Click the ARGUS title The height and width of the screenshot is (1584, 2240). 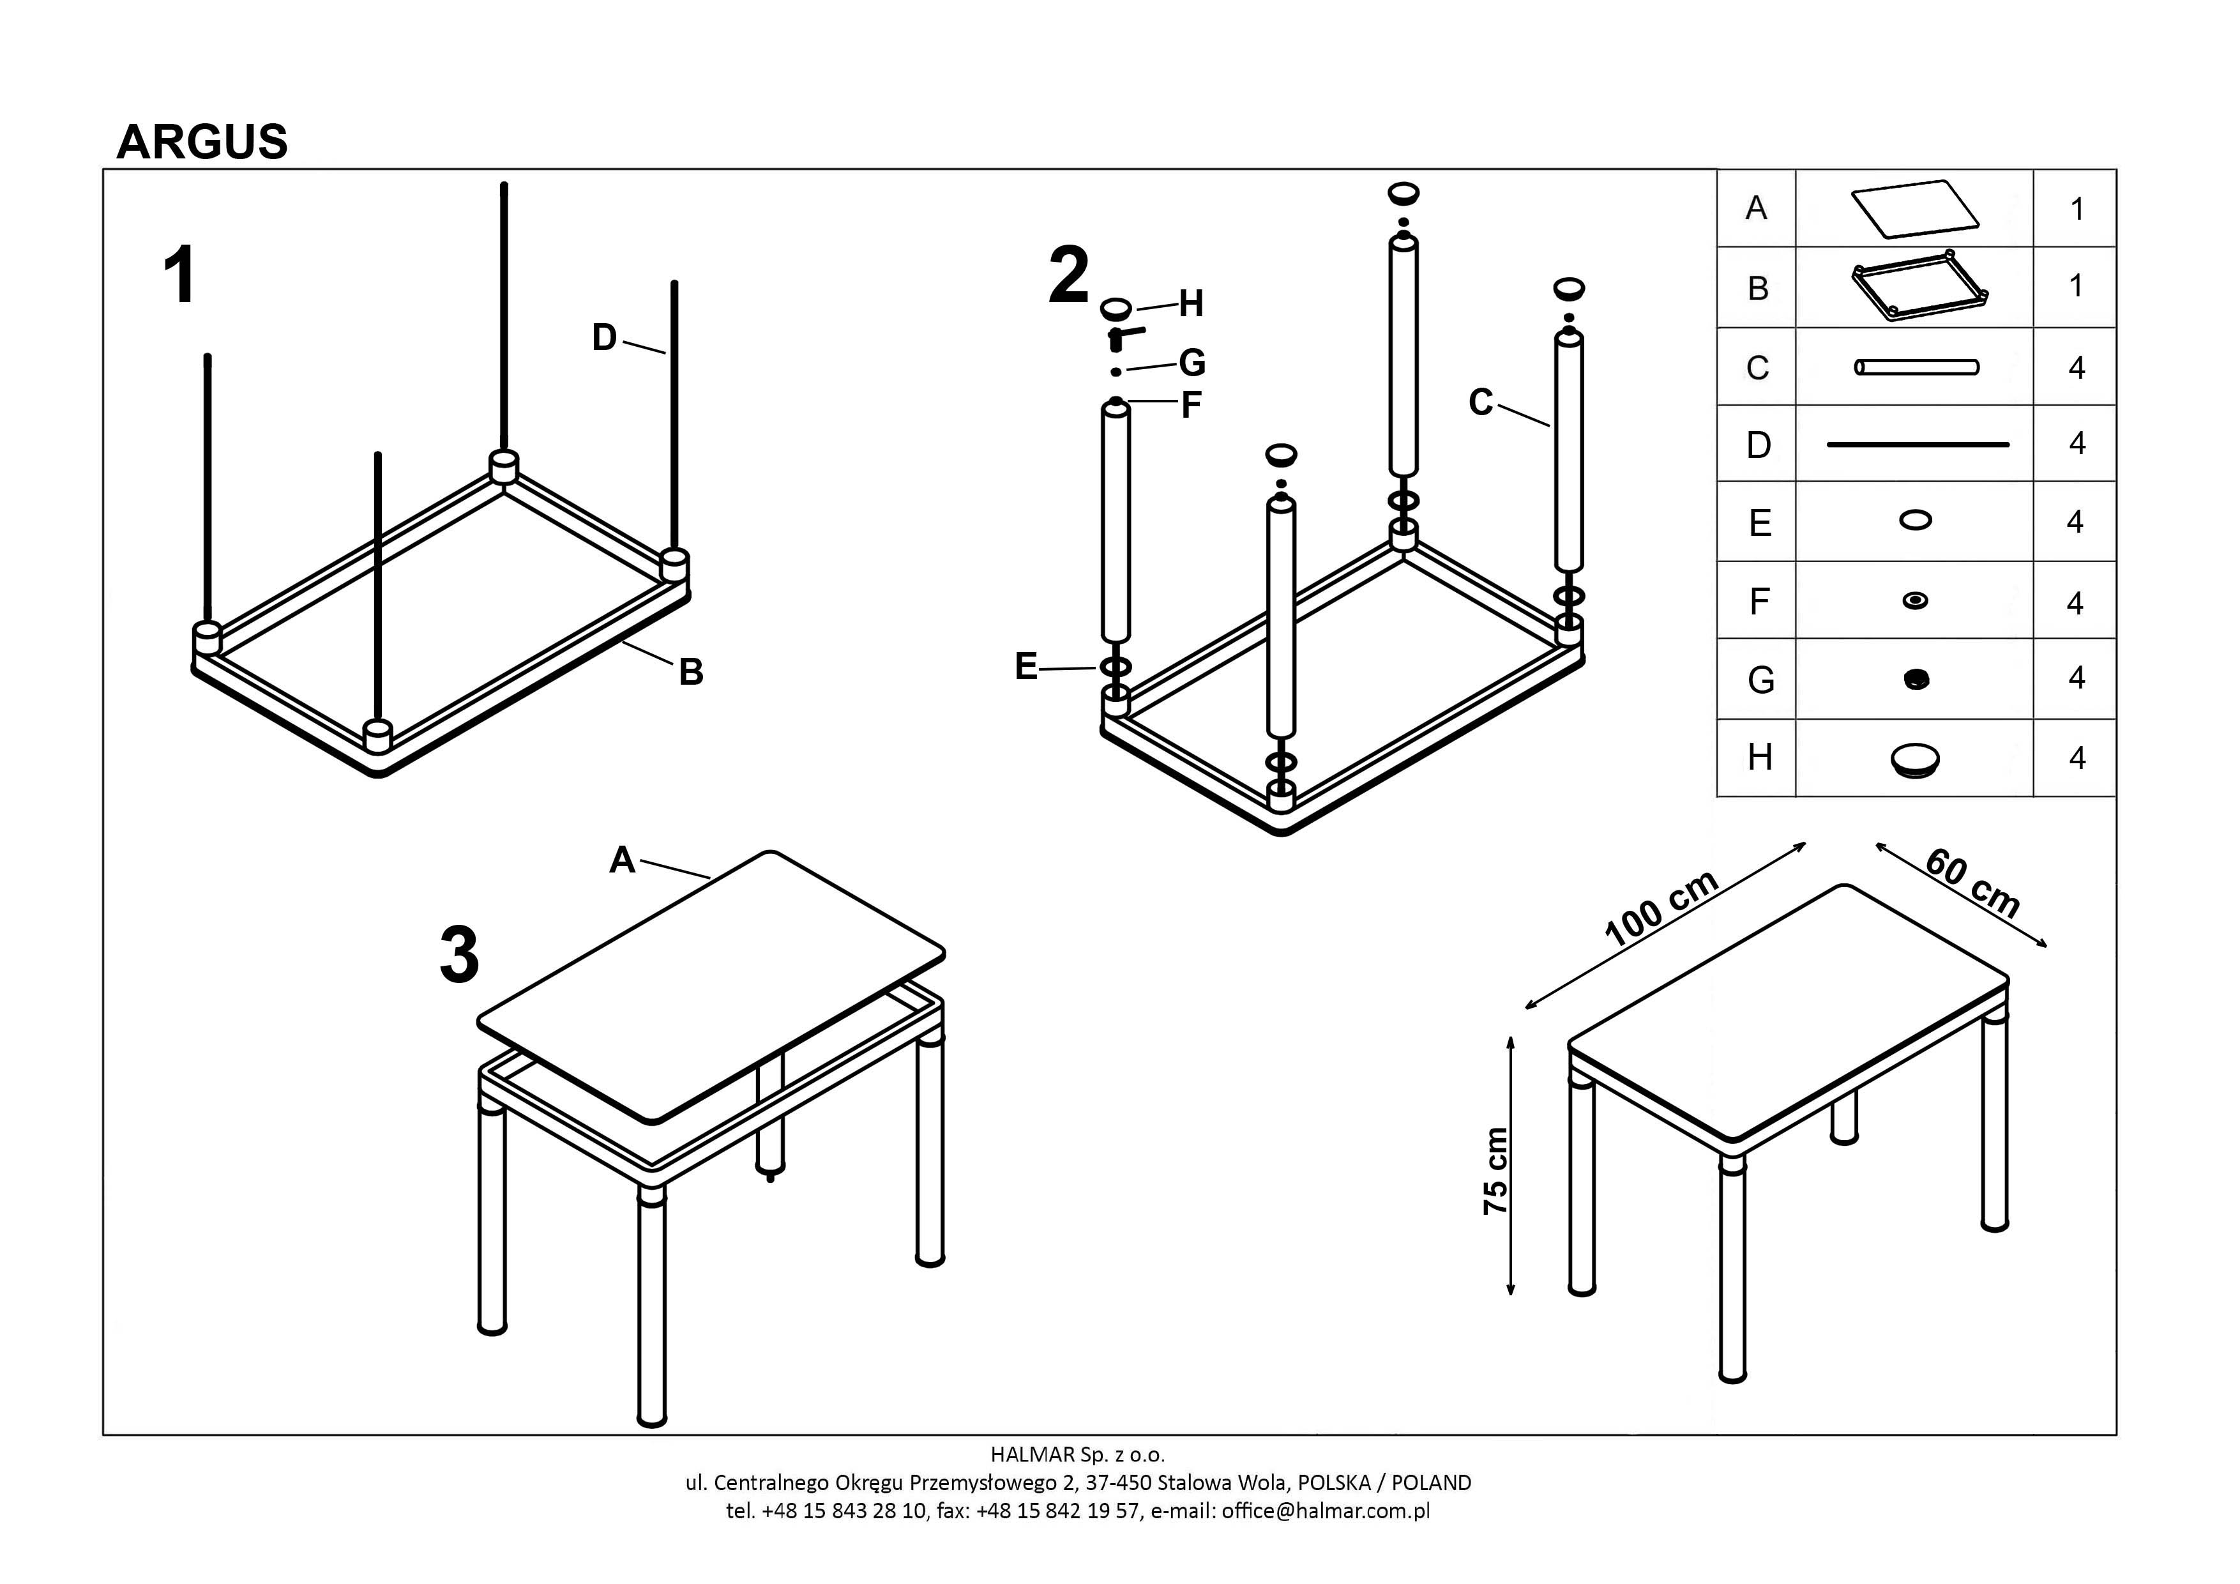(x=202, y=142)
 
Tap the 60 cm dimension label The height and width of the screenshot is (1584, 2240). (x=1972, y=883)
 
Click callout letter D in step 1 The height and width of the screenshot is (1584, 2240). (x=605, y=338)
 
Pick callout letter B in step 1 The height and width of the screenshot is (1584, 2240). (x=691, y=673)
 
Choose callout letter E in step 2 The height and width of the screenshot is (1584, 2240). (x=1026, y=667)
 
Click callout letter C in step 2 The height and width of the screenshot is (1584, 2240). (x=1480, y=402)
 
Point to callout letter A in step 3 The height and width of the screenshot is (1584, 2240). (x=623, y=860)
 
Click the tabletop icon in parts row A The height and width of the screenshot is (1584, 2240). (x=1914, y=208)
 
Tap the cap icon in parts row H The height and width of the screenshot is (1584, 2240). (x=1914, y=759)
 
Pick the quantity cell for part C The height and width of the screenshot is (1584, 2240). (x=2076, y=368)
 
